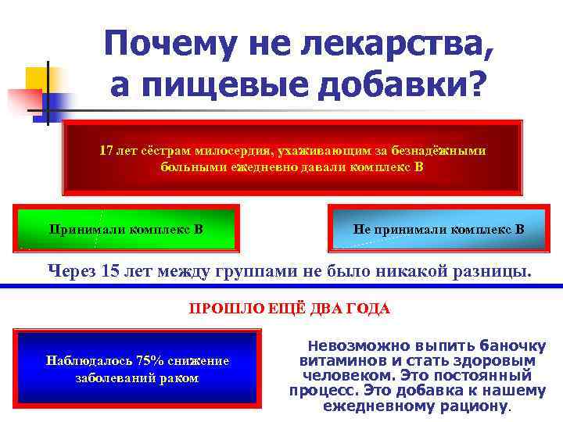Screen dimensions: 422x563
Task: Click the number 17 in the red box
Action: tap(106, 150)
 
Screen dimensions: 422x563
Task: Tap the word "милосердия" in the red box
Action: tap(233, 150)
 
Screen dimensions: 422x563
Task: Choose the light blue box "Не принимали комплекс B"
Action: tap(439, 229)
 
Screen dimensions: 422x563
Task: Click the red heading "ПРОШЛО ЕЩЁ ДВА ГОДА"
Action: tap(289, 309)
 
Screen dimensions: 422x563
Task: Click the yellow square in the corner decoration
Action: tap(37, 78)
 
